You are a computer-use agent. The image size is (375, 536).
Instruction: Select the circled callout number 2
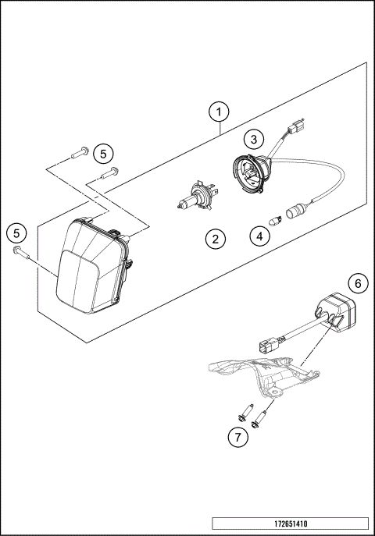pyautogui.click(x=216, y=239)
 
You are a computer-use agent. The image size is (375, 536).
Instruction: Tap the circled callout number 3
pyautogui.click(x=252, y=140)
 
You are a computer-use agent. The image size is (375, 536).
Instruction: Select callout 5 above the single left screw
pyautogui.click(x=16, y=232)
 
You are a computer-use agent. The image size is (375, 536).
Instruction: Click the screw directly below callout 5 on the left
pyautogui.click(x=20, y=251)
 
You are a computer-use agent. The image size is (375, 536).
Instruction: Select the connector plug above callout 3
pyautogui.click(x=296, y=126)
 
